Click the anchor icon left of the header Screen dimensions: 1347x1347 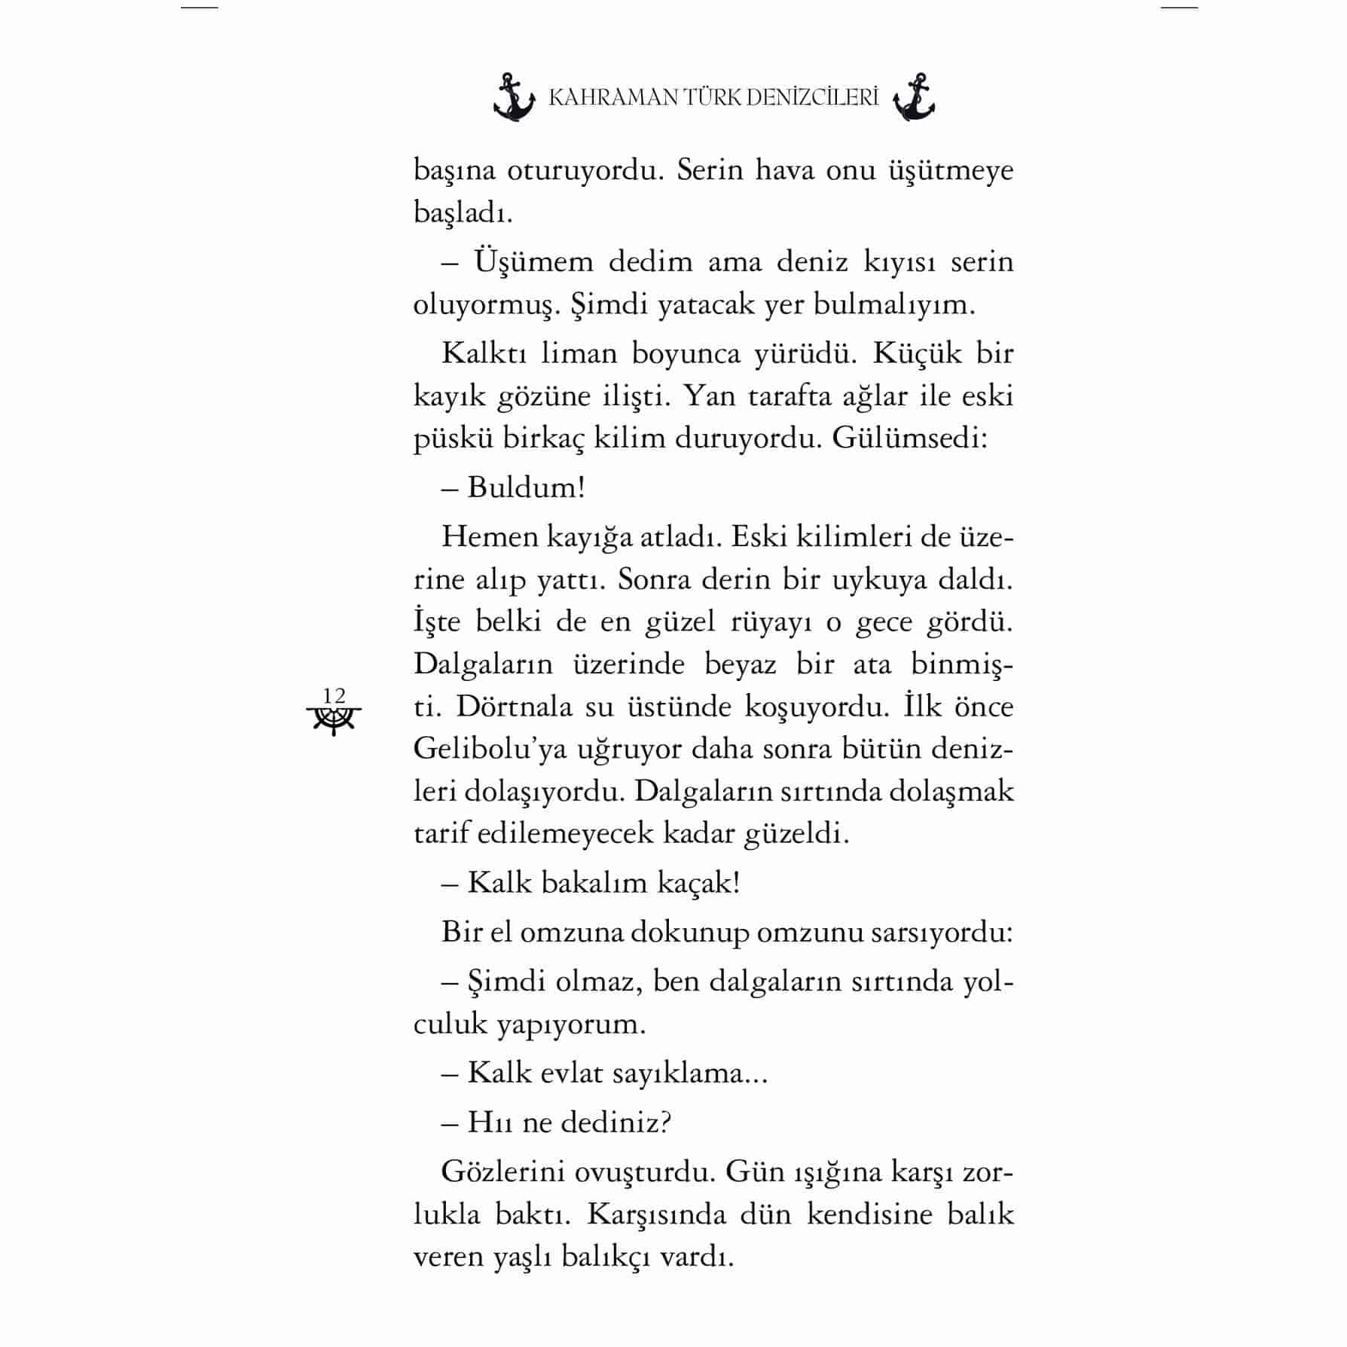[514, 98]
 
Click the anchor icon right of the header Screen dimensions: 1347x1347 [914, 98]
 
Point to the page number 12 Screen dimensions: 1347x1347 [334, 695]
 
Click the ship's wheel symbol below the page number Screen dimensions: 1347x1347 [334, 720]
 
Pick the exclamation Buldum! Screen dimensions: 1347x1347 [526, 487]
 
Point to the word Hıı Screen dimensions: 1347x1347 [490, 1122]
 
